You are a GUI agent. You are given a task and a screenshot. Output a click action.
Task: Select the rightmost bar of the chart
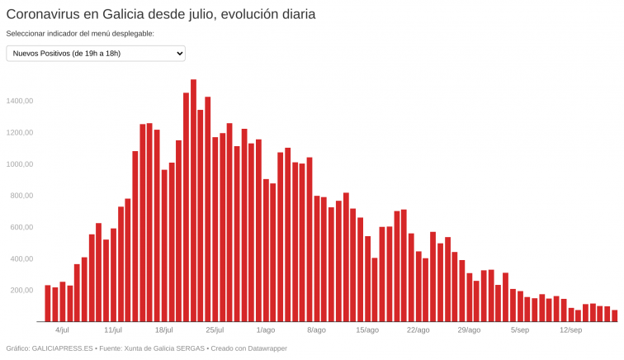614,315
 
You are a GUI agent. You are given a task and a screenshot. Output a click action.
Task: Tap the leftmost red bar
48,303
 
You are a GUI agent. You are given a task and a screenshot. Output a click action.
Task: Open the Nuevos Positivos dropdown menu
95,54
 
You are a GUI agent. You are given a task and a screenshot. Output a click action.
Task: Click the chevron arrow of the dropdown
179,54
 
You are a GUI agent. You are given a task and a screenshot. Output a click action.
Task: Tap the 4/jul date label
62,330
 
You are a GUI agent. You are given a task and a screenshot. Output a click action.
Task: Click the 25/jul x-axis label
215,330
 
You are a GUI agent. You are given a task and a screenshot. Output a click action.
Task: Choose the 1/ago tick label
266,330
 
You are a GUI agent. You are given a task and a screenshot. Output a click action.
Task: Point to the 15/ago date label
367,330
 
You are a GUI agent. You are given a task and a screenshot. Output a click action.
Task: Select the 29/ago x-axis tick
469,330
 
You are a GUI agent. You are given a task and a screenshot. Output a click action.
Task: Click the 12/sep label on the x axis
570,330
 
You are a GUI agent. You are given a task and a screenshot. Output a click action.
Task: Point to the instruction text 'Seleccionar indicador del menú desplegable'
80,34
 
